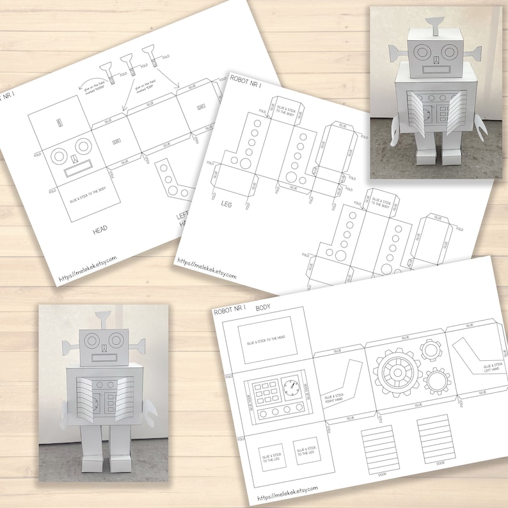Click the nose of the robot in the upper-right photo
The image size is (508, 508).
click(x=434, y=61)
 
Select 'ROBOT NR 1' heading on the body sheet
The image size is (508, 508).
click(x=230, y=310)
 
